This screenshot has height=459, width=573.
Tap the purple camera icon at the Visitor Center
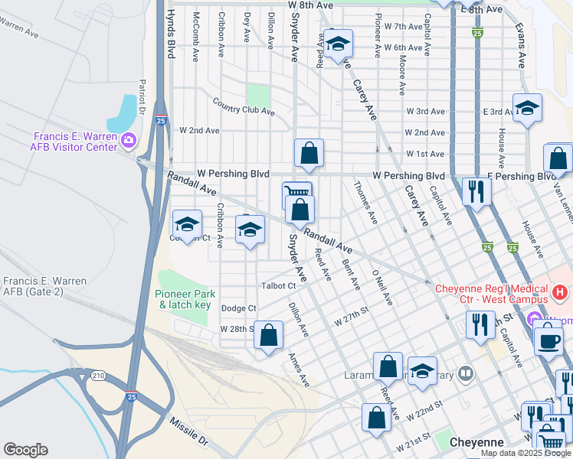pyautogui.click(x=129, y=140)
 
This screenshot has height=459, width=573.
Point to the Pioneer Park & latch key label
pyautogui.click(x=185, y=299)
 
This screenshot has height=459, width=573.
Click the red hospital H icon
pyautogui.click(x=561, y=291)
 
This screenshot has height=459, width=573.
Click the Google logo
pyautogui.click(x=25, y=450)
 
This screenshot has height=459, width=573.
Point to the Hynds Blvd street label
pyautogui.click(x=170, y=34)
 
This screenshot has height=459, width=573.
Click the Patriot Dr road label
pyautogui.click(x=142, y=95)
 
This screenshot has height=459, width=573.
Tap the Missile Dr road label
pyautogui.click(x=188, y=431)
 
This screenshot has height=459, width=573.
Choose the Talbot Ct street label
pyautogui.click(x=279, y=285)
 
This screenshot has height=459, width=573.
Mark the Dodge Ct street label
pyautogui.click(x=237, y=308)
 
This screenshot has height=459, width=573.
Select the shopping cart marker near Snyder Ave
pyautogui.click(x=297, y=194)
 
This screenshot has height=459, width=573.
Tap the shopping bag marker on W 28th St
pyautogui.click(x=268, y=335)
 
